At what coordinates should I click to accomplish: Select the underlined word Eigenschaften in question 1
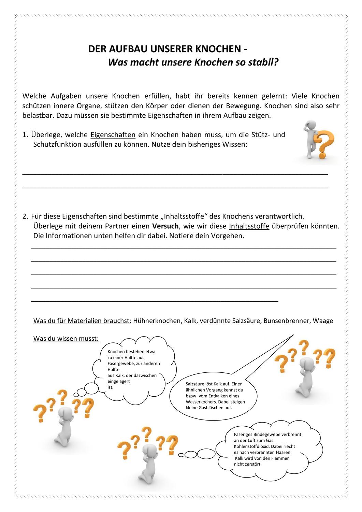[113, 135]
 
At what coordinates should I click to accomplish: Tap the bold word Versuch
[165, 226]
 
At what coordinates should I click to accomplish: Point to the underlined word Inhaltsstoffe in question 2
[249, 226]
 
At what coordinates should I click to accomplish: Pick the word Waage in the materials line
[323, 321]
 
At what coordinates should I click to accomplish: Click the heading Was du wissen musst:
[66, 339]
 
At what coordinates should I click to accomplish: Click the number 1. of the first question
[25, 135]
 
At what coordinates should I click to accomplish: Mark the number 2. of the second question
[25, 216]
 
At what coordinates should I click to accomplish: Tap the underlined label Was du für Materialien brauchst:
[82, 321]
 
